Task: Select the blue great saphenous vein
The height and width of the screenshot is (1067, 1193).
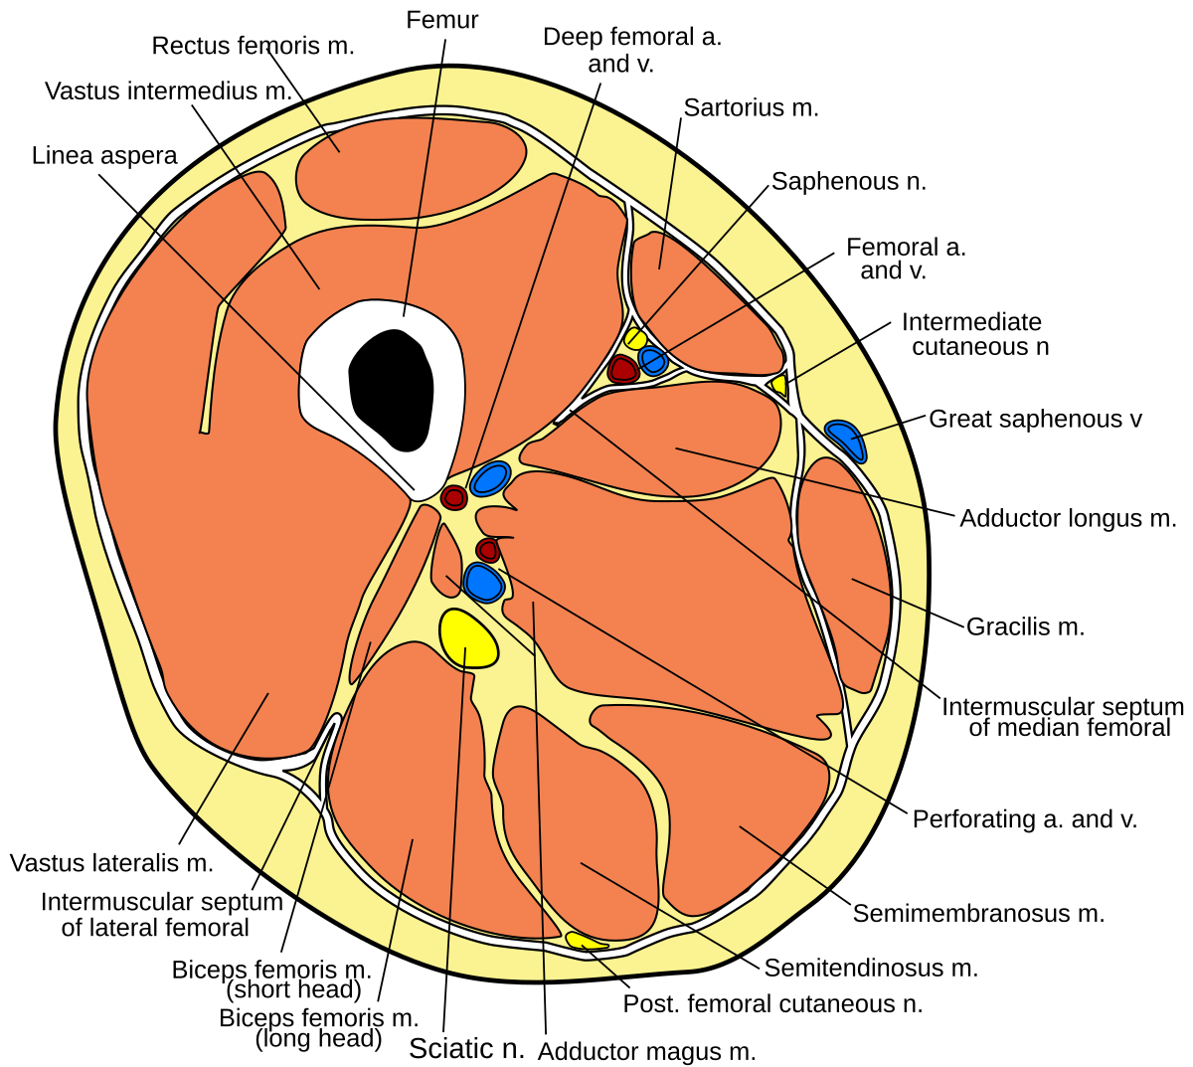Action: click(x=846, y=439)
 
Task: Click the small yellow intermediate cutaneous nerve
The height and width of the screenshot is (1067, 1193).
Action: click(x=779, y=385)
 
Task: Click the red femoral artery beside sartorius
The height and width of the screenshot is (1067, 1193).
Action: click(x=623, y=369)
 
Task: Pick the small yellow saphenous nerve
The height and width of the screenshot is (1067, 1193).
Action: click(x=635, y=338)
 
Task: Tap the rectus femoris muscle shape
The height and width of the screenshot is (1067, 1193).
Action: click(x=411, y=167)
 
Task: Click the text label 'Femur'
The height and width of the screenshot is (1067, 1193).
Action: click(x=442, y=20)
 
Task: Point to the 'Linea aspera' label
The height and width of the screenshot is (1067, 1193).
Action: click(x=104, y=156)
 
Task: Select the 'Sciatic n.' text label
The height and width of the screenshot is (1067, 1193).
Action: click(x=466, y=1049)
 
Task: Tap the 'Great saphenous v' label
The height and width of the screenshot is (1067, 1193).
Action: click(x=1035, y=420)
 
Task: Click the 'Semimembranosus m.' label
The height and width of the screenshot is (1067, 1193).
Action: click(x=978, y=914)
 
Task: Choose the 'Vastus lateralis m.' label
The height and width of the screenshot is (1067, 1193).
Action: click(x=111, y=863)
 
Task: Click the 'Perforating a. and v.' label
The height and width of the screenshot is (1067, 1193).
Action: click(x=1025, y=819)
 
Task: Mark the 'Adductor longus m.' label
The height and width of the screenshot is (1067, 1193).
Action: click(x=1068, y=519)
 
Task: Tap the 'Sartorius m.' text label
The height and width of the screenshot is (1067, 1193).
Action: click(x=751, y=108)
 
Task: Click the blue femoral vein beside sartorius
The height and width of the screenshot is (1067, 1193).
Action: click(x=653, y=360)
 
